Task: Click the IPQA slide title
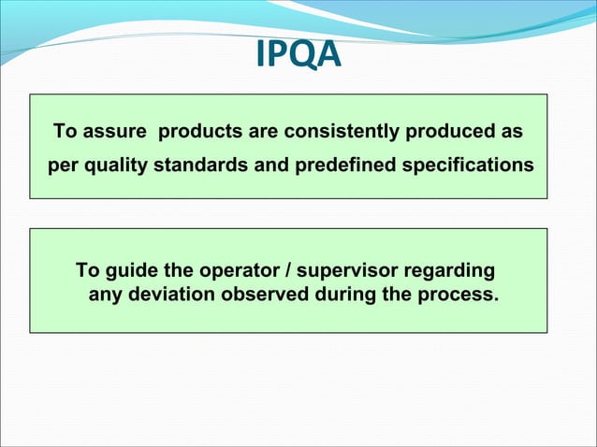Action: (x=298, y=57)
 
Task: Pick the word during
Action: (x=345, y=296)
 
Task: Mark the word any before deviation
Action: (x=104, y=297)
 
